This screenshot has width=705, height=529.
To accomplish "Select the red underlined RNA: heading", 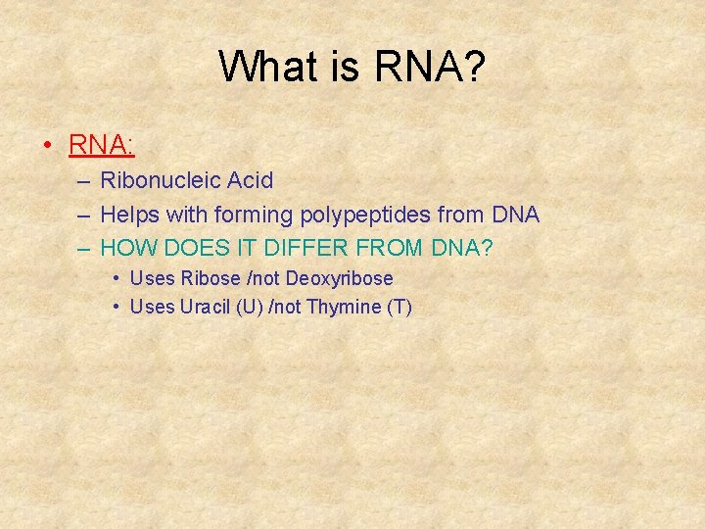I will click(102, 145).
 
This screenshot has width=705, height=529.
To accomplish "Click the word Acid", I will click(250, 180).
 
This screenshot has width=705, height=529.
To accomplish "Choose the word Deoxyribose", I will click(339, 278).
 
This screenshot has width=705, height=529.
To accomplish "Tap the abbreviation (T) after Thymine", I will click(399, 307).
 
